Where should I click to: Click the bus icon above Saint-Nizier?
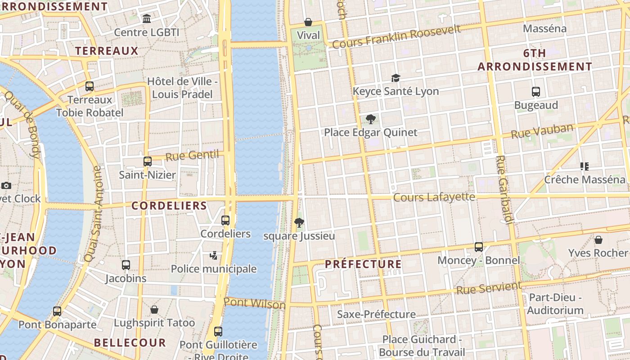point(148,162)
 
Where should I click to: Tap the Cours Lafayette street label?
point(434,197)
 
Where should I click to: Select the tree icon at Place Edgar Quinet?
point(371,119)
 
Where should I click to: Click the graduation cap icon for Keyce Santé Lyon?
point(396,78)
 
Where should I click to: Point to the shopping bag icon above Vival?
point(308,22)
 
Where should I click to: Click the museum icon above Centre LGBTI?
point(147,19)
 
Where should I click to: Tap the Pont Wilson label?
point(255,304)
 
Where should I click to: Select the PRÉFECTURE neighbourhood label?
point(363,264)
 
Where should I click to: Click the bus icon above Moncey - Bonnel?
point(479,247)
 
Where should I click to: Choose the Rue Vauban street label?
point(542,131)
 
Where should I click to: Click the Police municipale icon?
point(214,256)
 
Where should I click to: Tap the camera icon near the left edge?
point(6,185)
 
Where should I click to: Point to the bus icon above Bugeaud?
point(536,92)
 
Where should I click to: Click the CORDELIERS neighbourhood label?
point(169,206)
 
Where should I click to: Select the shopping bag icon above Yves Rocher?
point(598,239)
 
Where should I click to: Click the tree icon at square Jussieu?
point(299,222)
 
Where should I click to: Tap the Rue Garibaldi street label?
point(504,189)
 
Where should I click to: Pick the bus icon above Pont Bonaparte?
point(57,311)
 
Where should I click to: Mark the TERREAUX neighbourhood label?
point(107,50)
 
